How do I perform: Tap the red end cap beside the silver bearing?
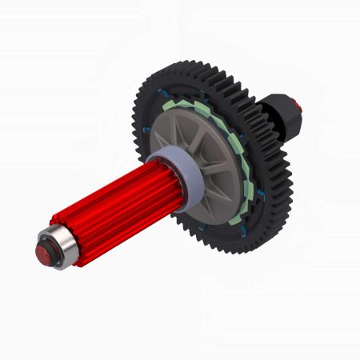point(42,253)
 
